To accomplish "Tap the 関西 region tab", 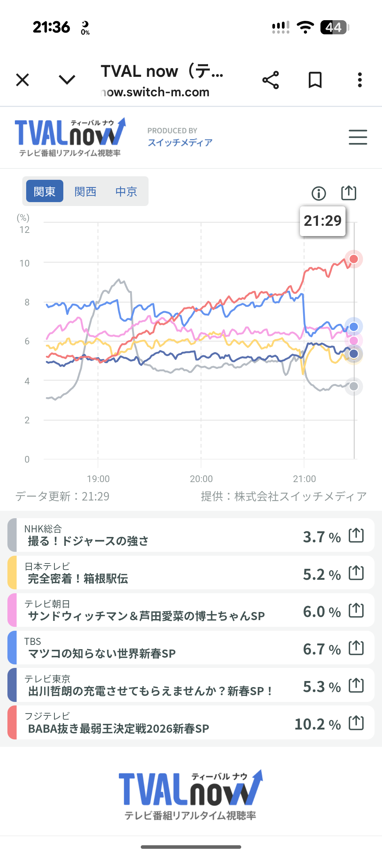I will (x=85, y=191).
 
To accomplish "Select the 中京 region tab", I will (x=126, y=191).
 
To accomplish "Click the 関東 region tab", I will (x=45, y=191).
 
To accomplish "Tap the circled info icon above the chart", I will (x=319, y=193).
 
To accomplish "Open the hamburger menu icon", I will (x=358, y=137).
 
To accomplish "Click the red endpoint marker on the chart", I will (x=354, y=259).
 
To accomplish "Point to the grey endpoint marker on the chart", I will (x=354, y=386).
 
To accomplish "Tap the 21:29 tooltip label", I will (x=323, y=221).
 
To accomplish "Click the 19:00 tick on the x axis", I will (x=98, y=479).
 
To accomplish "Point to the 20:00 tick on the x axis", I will (x=201, y=479).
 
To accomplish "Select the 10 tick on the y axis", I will (x=25, y=263).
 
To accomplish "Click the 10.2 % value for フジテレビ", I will (x=317, y=724).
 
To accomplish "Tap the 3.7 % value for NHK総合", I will (x=322, y=537).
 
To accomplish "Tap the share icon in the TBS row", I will (x=356, y=648).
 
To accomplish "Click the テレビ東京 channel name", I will (x=47, y=679).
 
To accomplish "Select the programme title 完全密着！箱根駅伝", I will (x=78, y=579).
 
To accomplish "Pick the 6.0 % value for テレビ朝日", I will (x=322, y=612).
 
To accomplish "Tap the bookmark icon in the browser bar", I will (x=315, y=80).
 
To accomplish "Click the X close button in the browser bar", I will (x=23, y=80).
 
